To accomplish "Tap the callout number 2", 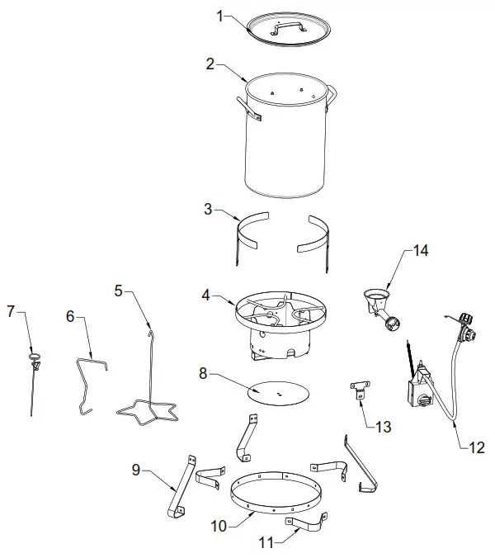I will tap(210, 63).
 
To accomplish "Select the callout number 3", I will tap(210, 210).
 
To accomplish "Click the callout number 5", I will tap(119, 291).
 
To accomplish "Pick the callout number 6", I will tap(70, 316).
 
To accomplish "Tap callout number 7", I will tap(11, 311).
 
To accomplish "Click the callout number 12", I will tap(478, 448).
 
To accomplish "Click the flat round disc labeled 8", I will tap(280, 393).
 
